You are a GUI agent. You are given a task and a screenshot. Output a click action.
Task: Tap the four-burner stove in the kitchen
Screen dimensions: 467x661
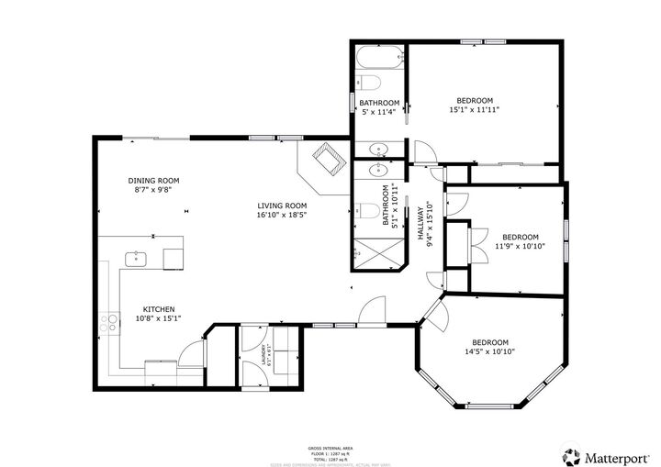coord(109,322)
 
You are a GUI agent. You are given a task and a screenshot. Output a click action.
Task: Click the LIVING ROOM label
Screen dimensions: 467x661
coord(282,206)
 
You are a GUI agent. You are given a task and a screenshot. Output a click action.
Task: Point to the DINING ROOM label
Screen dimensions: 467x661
coord(154,180)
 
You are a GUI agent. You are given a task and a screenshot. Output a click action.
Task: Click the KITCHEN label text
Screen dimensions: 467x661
coord(159,309)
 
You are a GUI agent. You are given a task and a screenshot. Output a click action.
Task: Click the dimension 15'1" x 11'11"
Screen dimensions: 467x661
coord(475,110)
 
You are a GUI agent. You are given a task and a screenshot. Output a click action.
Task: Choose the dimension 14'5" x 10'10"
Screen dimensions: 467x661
coord(489,351)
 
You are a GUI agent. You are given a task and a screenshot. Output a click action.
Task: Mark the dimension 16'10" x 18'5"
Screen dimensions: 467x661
coord(282,215)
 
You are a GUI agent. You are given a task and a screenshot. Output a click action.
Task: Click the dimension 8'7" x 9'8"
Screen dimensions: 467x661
coord(154,189)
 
